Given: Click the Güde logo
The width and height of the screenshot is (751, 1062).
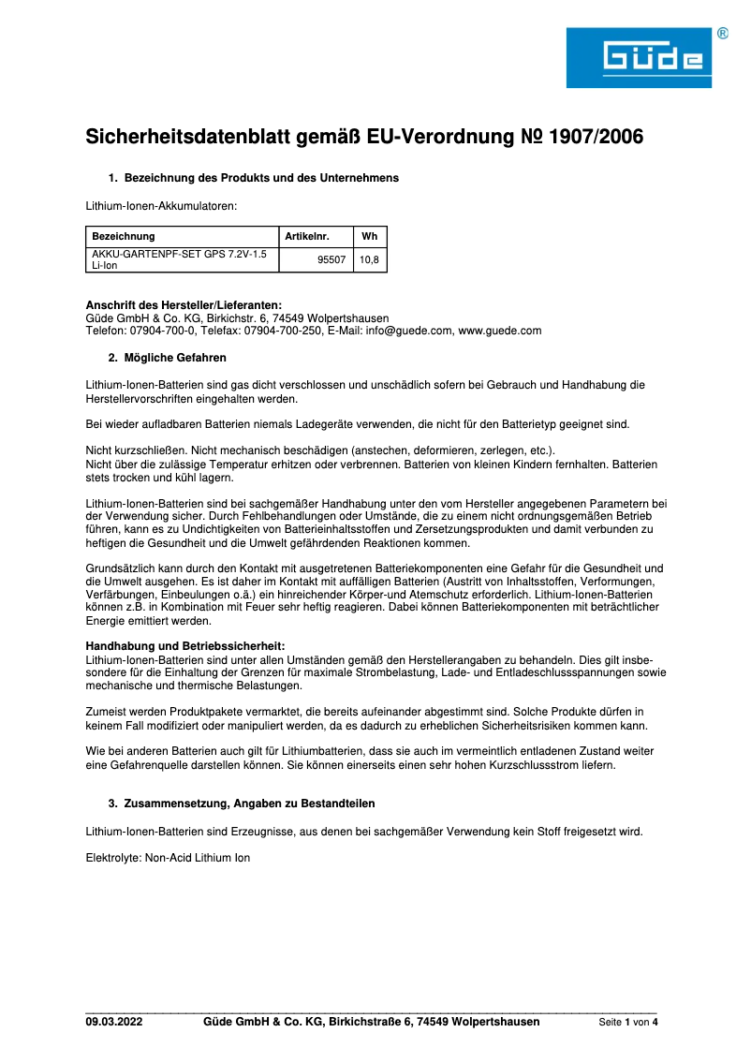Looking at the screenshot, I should (x=639, y=58).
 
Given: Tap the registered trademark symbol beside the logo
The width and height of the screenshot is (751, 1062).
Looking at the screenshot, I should (x=723, y=34).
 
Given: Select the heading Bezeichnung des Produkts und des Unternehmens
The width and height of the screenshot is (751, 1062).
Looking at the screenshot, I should (x=261, y=178).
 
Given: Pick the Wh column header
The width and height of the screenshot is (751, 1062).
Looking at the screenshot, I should (x=369, y=236).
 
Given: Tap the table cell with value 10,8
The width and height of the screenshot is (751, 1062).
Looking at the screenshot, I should (x=369, y=259).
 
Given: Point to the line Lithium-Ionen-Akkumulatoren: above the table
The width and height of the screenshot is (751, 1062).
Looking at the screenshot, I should (x=162, y=204).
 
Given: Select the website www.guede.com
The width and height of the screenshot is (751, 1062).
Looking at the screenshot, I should (x=500, y=331).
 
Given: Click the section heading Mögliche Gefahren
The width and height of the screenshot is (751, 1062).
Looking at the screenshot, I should (x=175, y=358).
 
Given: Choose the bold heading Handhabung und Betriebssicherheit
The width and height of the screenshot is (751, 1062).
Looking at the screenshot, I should (x=185, y=645).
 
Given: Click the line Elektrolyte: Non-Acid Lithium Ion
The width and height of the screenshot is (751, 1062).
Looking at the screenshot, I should (x=169, y=857).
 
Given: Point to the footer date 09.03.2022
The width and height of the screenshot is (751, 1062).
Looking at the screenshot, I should (x=114, y=1022).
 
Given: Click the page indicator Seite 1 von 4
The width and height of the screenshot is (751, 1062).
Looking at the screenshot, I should (x=628, y=1023).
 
